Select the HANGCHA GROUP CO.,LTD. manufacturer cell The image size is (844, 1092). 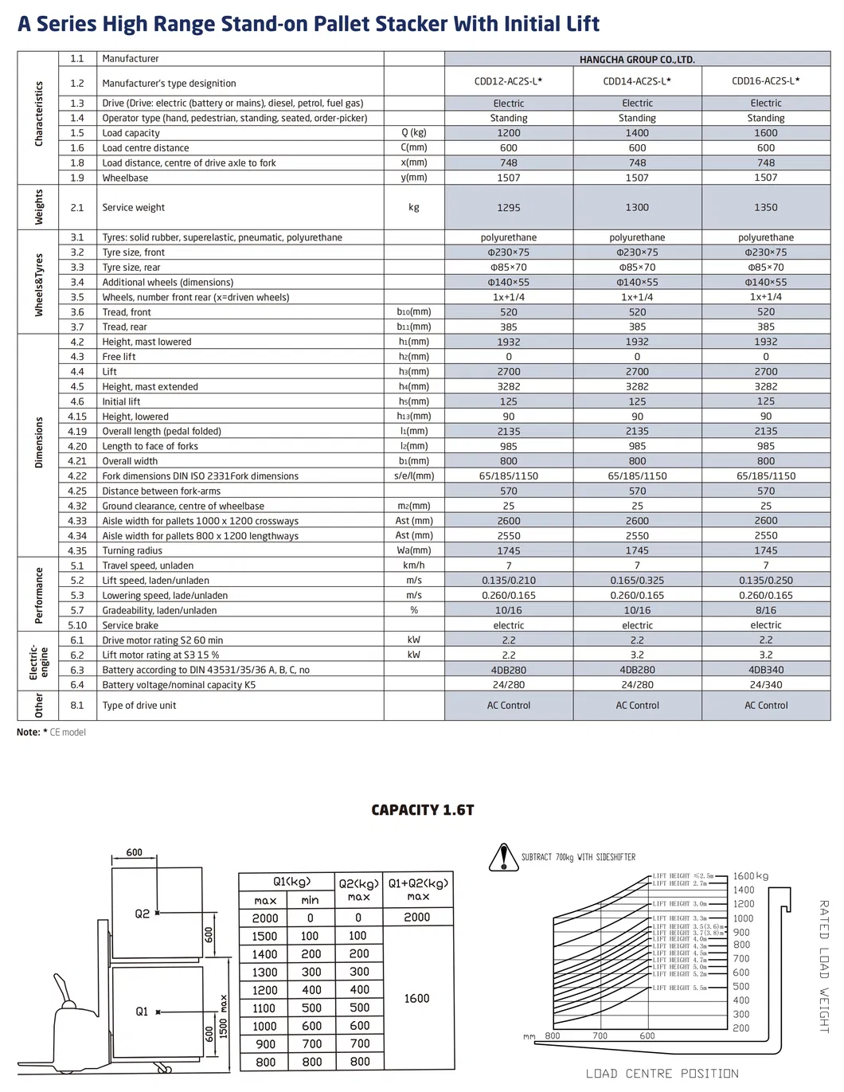[x=637, y=60]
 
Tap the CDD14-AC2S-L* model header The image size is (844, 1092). [x=637, y=81]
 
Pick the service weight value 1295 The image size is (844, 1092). [x=509, y=208]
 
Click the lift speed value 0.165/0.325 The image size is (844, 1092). [x=637, y=581]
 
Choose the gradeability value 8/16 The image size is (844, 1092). [x=765, y=611]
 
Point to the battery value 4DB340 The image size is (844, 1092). [x=765, y=671]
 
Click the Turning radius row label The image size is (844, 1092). [x=132, y=551]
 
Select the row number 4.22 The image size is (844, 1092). [x=77, y=476]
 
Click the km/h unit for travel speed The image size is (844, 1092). [x=414, y=566]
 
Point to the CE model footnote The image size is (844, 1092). [x=68, y=733]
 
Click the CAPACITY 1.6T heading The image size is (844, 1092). [x=423, y=810]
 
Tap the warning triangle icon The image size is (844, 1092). [x=503, y=858]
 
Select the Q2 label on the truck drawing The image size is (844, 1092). [x=142, y=914]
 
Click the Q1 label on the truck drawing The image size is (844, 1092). [x=142, y=1012]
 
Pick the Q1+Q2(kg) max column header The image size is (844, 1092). [x=418, y=889]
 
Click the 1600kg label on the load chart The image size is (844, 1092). [x=751, y=876]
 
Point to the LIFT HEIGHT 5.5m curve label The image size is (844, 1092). [x=679, y=988]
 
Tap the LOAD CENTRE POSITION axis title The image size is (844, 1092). [x=662, y=1074]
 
